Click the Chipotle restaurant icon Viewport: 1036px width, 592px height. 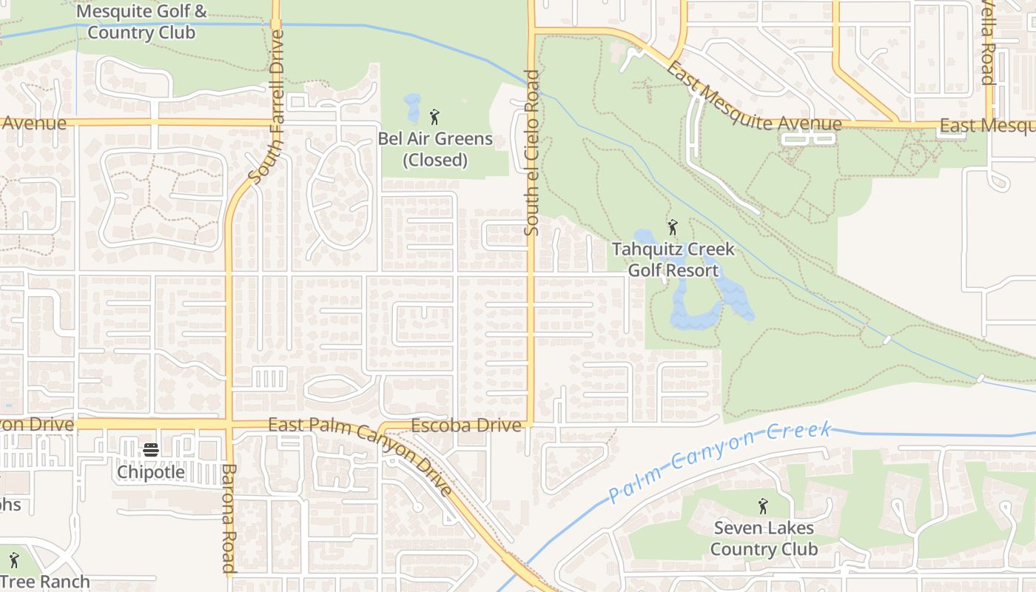pyautogui.click(x=151, y=450)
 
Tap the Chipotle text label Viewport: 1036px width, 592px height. pyautogui.click(x=151, y=471)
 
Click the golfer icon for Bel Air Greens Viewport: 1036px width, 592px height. pyautogui.click(x=434, y=117)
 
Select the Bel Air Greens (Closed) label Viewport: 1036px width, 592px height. pyautogui.click(x=435, y=149)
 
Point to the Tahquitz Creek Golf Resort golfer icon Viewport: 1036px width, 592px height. pyautogui.click(x=673, y=227)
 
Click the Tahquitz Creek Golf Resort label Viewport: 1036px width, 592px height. pyautogui.click(x=673, y=260)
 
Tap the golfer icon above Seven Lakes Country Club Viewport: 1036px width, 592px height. pyautogui.click(x=763, y=507)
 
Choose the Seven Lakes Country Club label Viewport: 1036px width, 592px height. pyautogui.click(x=764, y=539)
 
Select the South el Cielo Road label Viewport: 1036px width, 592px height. pyautogui.click(x=531, y=153)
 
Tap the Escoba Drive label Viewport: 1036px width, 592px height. pyautogui.click(x=466, y=425)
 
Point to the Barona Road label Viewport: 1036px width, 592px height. pyautogui.click(x=229, y=518)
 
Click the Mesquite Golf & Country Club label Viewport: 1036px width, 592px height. pyautogui.click(x=141, y=22)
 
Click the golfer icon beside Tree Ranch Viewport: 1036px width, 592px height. pyautogui.click(x=13, y=560)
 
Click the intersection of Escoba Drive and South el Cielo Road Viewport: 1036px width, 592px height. pyautogui.click(x=531, y=425)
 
